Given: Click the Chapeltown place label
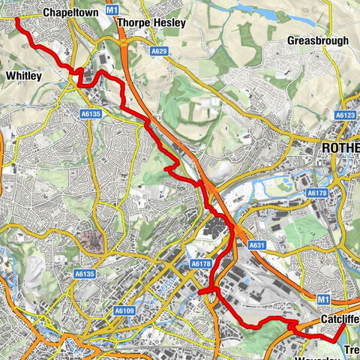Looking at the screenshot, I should (x=72, y=13).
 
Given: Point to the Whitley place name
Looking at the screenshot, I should (x=23, y=76).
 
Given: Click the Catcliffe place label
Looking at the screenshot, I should (x=338, y=319).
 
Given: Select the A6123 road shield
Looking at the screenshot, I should (x=345, y=115).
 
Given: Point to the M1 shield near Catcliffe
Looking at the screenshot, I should (x=324, y=299).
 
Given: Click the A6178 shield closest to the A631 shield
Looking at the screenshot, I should (x=200, y=264).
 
